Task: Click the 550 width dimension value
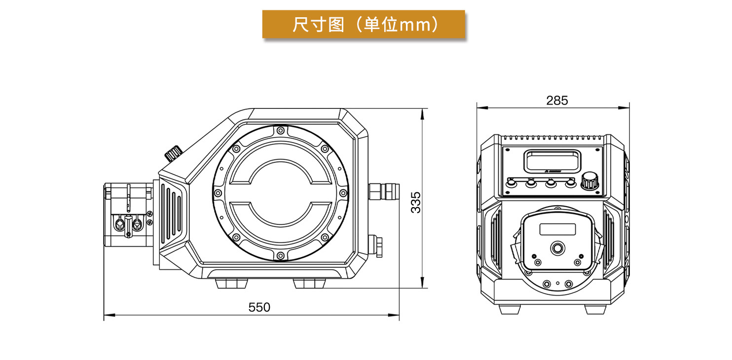259,307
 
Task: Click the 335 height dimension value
416,203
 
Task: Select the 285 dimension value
557,101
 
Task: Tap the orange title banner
364,25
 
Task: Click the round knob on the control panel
590,180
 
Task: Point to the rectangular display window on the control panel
552,161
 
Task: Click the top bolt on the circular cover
280,131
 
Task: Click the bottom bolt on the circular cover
280,255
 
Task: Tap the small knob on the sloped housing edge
173,153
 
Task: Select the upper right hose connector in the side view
384,191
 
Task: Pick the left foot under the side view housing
231,284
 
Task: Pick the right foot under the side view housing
309,284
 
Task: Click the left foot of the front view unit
510,309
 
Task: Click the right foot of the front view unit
595,309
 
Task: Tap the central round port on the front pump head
558,248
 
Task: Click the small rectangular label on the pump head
557,229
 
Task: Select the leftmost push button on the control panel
511,183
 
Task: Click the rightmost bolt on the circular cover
343,193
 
